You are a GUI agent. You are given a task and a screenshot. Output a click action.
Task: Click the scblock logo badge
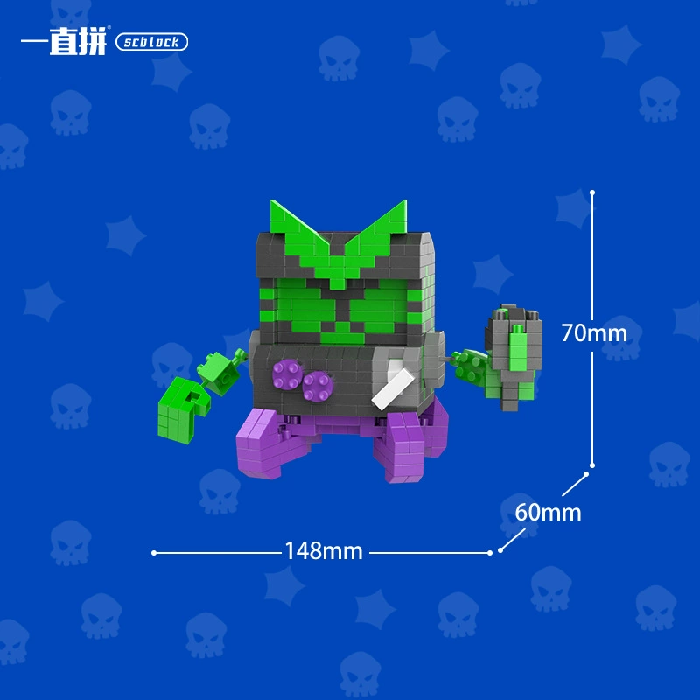(151, 42)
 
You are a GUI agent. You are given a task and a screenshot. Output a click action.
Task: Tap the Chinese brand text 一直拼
(64, 41)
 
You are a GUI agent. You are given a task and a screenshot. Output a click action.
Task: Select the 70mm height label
(594, 333)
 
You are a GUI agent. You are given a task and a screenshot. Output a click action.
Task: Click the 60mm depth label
(549, 513)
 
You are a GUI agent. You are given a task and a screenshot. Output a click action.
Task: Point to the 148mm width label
(324, 551)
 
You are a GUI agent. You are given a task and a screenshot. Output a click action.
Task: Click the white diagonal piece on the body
(393, 388)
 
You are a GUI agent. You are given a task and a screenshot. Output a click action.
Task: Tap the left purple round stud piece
(287, 374)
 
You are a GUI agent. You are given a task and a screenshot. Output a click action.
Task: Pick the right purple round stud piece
(318, 386)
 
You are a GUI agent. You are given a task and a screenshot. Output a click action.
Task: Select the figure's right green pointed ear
(380, 232)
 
